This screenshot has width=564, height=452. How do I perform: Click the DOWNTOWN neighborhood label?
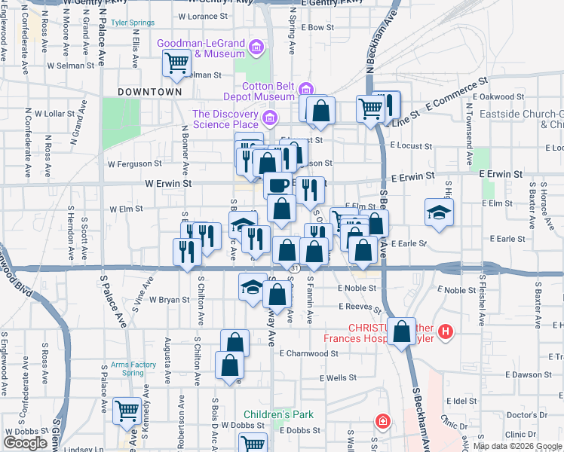pos(150,91)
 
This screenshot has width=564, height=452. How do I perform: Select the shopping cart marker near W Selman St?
pos(176,64)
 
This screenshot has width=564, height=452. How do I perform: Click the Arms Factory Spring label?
pos(133,369)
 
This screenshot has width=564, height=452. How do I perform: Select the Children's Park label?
pos(277,414)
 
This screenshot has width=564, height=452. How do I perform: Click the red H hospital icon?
pos(446,331)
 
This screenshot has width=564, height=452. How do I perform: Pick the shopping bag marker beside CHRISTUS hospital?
pos(403,330)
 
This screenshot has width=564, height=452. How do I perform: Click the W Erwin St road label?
pos(168,183)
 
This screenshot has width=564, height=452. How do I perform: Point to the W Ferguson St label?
pos(134,163)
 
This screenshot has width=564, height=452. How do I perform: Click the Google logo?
pos(25,443)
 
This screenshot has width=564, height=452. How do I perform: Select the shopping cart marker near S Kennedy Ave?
pos(127,411)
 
